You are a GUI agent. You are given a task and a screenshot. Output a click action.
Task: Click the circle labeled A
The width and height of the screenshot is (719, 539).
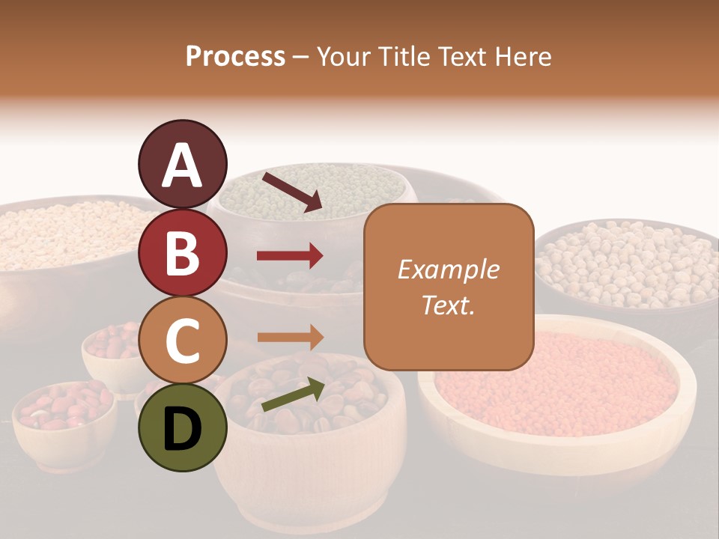tap(182, 164)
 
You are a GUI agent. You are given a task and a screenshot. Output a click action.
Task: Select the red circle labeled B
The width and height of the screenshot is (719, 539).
tap(182, 252)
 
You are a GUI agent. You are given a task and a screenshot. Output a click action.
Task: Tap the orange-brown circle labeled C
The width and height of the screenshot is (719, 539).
tap(182, 340)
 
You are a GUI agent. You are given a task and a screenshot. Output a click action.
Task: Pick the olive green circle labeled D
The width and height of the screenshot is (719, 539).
tap(182, 427)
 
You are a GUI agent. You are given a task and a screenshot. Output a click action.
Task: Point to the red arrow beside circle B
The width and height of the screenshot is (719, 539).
tap(290, 257)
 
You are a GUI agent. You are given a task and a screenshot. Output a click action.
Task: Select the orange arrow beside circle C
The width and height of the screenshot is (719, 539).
tap(290, 338)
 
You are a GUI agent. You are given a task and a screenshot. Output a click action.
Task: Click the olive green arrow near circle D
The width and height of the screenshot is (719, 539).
tap(292, 395)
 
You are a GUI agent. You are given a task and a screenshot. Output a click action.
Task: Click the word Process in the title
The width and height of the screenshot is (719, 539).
tap(235, 56)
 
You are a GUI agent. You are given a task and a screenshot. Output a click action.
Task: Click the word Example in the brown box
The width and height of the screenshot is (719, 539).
tap(448, 269)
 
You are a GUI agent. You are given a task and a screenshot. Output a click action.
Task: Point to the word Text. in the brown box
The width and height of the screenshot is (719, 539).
tap(448, 305)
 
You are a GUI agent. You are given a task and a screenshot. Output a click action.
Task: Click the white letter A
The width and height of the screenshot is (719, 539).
tap(182, 165)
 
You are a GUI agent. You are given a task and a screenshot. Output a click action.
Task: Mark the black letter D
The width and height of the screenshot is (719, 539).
tap(182, 429)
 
